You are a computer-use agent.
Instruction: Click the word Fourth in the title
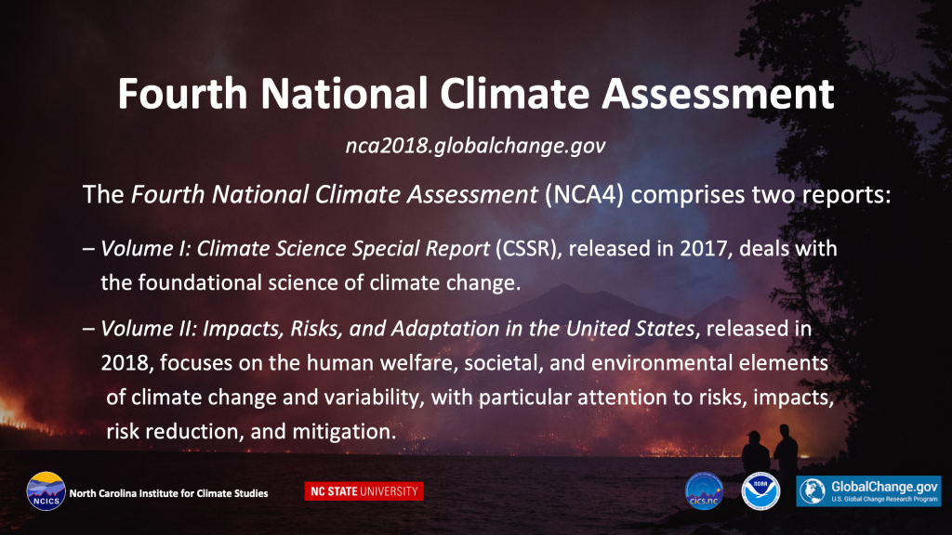182,94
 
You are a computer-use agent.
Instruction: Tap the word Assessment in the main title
718,94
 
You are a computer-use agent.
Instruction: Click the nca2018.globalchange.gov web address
475,146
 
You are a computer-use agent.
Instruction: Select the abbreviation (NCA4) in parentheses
584,195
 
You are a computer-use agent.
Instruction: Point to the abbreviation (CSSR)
526,249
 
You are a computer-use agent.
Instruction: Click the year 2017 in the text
704,249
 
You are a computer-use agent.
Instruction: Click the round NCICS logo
46,491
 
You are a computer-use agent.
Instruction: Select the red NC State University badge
364,491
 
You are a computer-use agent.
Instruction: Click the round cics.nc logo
705,491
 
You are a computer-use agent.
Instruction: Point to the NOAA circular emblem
760,491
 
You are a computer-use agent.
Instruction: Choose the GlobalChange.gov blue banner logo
869,491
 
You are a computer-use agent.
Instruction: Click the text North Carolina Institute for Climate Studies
169,494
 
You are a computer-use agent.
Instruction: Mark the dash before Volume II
88,329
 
